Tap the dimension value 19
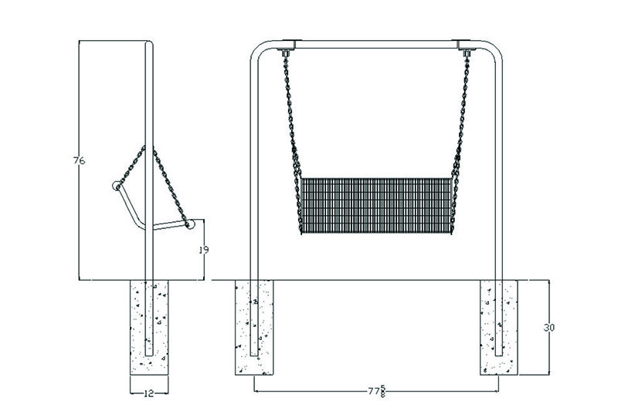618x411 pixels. point(204,250)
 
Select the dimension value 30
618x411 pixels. point(549,328)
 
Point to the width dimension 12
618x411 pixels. point(148,393)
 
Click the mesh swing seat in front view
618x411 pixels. point(375,205)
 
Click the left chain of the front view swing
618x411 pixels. point(292,116)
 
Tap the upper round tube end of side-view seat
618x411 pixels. point(117,185)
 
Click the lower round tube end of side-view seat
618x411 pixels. point(189,224)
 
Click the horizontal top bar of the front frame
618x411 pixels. point(377,43)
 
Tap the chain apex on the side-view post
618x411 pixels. point(148,147)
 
